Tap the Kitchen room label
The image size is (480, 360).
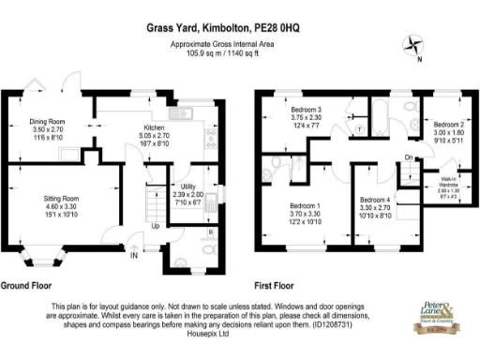point(154,127)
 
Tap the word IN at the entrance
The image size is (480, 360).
point(133,254)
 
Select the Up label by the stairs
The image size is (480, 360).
point(155,227)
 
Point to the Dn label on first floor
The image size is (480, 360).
point(409,156)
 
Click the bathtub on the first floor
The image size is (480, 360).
point(384,117)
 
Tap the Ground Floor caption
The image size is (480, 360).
point(26,284)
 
